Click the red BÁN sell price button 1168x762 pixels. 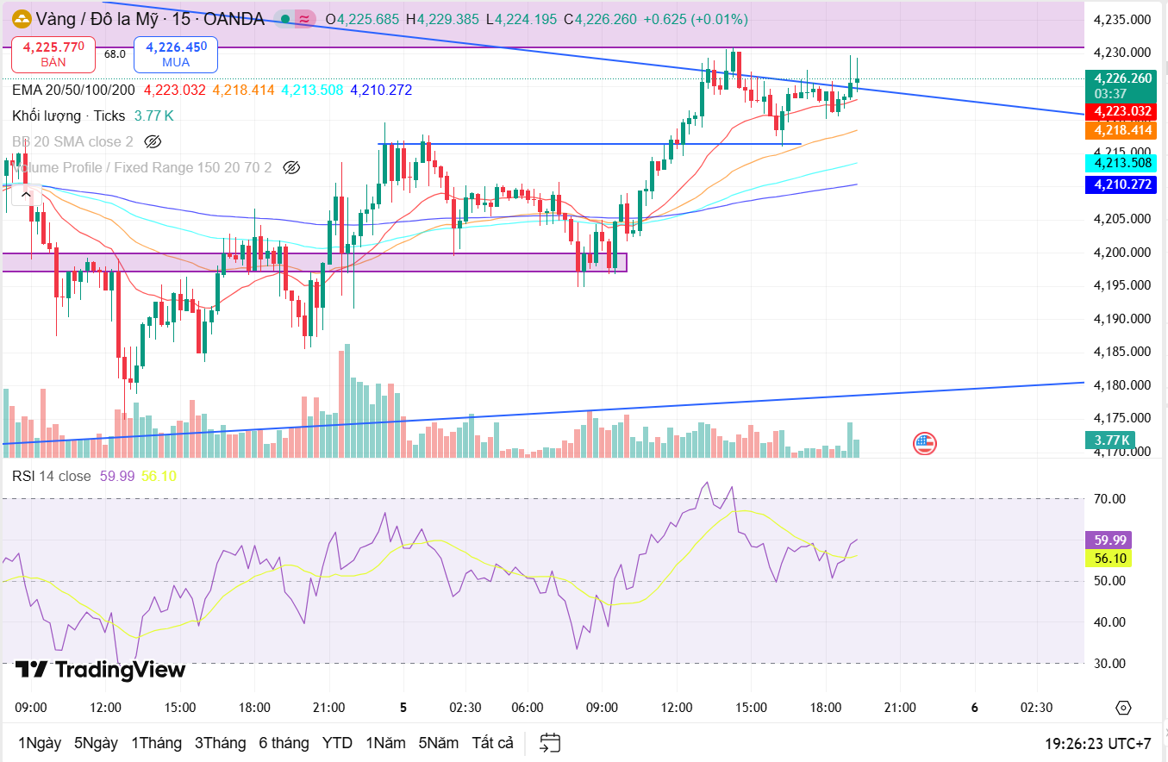pyautogui.click(x=53, y=54)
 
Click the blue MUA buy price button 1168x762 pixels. pyautogui.click(x=176, y=54)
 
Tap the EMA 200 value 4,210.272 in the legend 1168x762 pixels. pyautogui.click(x=381, y=90)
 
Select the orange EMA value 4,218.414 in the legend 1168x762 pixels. pyautogui.click(x=243, y=90)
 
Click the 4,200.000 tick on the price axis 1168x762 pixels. pyautogui.click(x=1122, y=253)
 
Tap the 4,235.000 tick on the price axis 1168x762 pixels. pyautogui.click(x=1122, y=20)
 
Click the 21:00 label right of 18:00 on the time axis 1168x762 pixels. pyautogui.click(x=900, y=708)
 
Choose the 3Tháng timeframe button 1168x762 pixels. pyautogui.click(x=220, y=743)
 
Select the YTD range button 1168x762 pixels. pyautogui.click(x=337, y=743)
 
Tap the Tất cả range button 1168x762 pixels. pyautogui.click(x=492, y=743)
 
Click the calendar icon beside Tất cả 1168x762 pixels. pyautogui.click(x=550, y=743)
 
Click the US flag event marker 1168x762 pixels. pyautogui.click(x=925, y=444)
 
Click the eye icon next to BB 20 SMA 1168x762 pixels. pyautogui.click(x=153, y=141)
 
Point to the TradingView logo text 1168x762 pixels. pyautogui.click(x=100, y=670)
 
